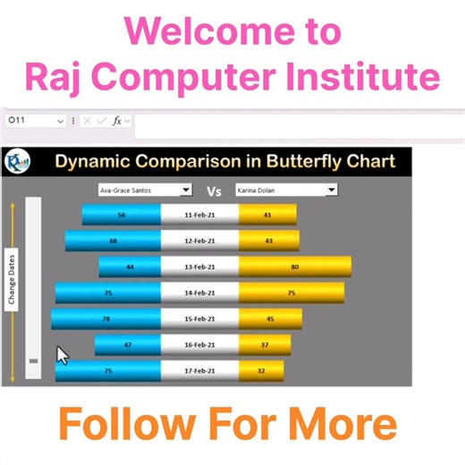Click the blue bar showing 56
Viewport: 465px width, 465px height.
click(121, 216)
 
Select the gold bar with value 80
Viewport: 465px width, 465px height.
click(295, 266)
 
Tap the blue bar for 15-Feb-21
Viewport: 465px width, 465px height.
click(106, 319)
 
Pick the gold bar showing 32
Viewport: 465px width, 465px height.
click(261, 370)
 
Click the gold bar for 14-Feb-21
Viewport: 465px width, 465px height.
click(291, 292)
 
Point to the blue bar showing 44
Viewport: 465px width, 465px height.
click(130, 266)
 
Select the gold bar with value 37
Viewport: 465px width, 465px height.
click(265, 344)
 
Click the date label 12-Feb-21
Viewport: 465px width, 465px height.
click(199, 241)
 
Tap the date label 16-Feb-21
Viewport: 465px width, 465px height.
click(199, 344)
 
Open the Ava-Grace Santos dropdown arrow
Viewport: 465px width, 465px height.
click(186, 190)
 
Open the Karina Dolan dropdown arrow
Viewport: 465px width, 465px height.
click(332, 190)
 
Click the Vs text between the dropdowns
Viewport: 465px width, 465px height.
click(214, 190)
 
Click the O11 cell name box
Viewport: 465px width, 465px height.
click(27, 120)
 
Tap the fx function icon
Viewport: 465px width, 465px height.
click(116, 120)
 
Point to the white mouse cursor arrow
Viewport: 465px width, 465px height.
click(63, 355)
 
